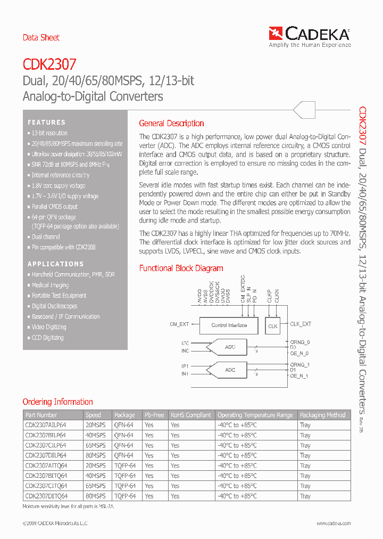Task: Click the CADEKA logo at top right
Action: pos(310,36)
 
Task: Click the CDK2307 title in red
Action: pos(49,65)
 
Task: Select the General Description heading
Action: pos(171,123)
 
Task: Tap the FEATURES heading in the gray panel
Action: pos(47,123)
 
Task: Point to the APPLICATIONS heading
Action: pos(56,264)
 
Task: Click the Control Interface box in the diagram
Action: pos(229,325)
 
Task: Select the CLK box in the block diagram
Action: pos(273,326)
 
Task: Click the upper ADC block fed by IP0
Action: pos(229,347)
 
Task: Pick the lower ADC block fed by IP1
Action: pos(229,370)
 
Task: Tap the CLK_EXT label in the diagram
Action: pos(301,324)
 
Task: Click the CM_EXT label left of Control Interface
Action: pos(179,324)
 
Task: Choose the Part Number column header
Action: pos(41,415)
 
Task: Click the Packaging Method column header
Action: pos(322,415)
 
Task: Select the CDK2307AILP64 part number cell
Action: pos(46,425)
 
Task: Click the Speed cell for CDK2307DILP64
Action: pos(96,455)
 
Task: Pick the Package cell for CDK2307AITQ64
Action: pos(124,466)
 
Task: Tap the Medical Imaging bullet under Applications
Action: pos(50,285)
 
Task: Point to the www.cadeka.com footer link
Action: pos(331,524)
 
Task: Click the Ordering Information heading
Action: pos(57,402)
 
